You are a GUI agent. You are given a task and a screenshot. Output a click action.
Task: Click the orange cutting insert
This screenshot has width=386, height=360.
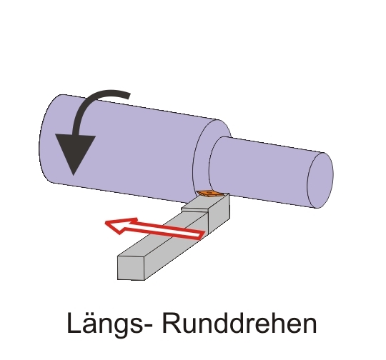pos(209,194)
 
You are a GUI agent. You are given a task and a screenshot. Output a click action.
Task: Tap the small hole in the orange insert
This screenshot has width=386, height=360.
pos(209,192)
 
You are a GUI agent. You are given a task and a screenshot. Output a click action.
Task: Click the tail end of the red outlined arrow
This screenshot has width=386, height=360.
pos(202,235)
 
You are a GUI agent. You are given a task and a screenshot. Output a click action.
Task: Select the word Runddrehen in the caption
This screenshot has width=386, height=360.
pos(239,323)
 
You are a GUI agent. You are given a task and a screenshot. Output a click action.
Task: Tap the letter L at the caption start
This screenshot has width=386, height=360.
pos(74,322)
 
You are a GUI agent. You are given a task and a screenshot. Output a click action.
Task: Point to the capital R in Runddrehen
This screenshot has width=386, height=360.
pos(172,322)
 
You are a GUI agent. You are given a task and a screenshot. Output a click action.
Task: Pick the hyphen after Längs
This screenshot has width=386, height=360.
pos(147,326)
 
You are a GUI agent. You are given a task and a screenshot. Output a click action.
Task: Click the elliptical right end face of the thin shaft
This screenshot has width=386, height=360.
pos(320,181)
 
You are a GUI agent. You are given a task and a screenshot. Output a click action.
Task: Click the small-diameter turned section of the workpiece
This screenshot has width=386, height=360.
pos(266,170)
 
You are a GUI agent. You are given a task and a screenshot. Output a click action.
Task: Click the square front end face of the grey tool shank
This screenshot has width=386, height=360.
pos(131,268)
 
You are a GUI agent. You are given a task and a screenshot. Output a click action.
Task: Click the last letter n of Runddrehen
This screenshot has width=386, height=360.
pos(310,325)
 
